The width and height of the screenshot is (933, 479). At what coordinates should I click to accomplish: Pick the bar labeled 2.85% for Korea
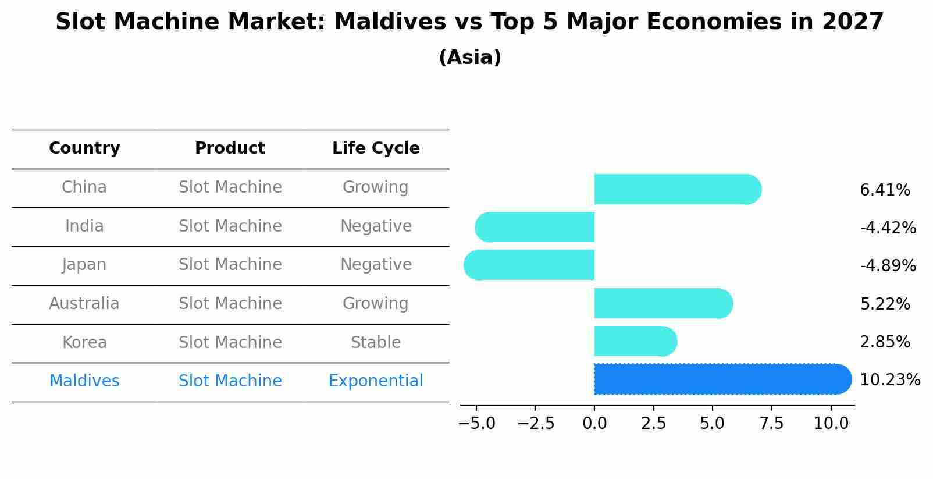click(x=635, y=342)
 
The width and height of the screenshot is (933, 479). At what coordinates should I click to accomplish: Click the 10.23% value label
click(x=889, y=380)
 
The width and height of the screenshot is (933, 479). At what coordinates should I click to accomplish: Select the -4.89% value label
click(x=888, y=266)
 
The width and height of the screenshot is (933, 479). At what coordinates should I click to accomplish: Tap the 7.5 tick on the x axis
click(x=771, y=424)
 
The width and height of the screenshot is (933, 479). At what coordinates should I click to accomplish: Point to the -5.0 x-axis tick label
click(x=476, y=424)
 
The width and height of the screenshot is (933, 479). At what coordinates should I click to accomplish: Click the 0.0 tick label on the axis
click(x=594, y=424)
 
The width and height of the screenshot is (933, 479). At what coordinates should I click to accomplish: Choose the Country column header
click(x=84, y=148)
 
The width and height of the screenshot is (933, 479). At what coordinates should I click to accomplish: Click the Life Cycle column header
click(x=376, y=148)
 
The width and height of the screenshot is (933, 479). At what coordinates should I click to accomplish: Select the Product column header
click(x=230, y=148)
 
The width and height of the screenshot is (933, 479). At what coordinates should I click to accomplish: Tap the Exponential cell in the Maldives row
click(x=376, y=381)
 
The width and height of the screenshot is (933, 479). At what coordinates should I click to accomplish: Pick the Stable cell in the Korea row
click(x=376, y=343)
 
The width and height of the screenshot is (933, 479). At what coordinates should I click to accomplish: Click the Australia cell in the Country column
click(x=84, y=304)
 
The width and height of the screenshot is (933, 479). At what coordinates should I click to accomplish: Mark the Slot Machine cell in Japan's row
click(x=230, y=265)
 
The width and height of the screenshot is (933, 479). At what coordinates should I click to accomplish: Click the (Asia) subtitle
click(x=470, y=58)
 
